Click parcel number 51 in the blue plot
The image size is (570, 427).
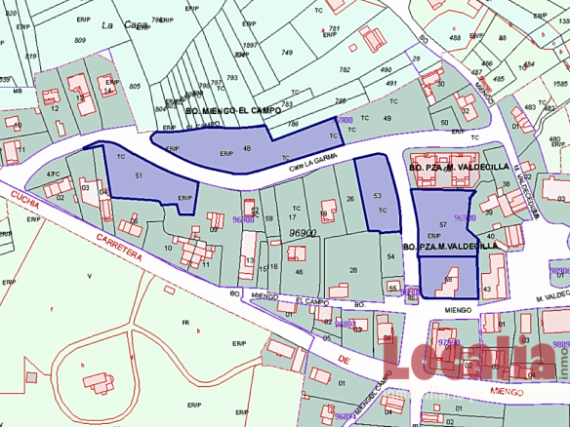tap(139, 175)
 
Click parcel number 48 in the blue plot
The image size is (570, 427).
tap(247, 148)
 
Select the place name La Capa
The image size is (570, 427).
tap(120, 26)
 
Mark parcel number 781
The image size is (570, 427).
tap(335, 28)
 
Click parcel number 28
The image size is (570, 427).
tap(352, 270)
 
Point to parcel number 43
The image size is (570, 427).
tap(500, 284)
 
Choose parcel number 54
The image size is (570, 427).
tap(389, 255)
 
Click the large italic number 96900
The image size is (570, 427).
tap(303, 234)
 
